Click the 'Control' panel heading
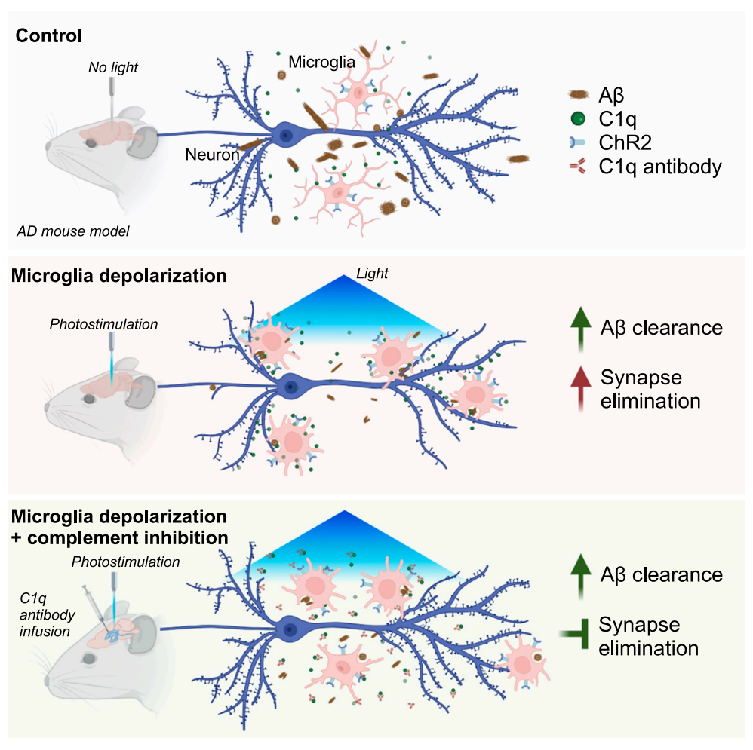click(49, 35)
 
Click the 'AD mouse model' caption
click(74, 231)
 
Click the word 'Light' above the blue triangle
click(372, 274)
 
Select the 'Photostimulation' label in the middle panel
click(104, 324)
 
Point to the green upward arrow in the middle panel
click(579, 330)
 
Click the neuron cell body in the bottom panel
click(288, 627)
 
